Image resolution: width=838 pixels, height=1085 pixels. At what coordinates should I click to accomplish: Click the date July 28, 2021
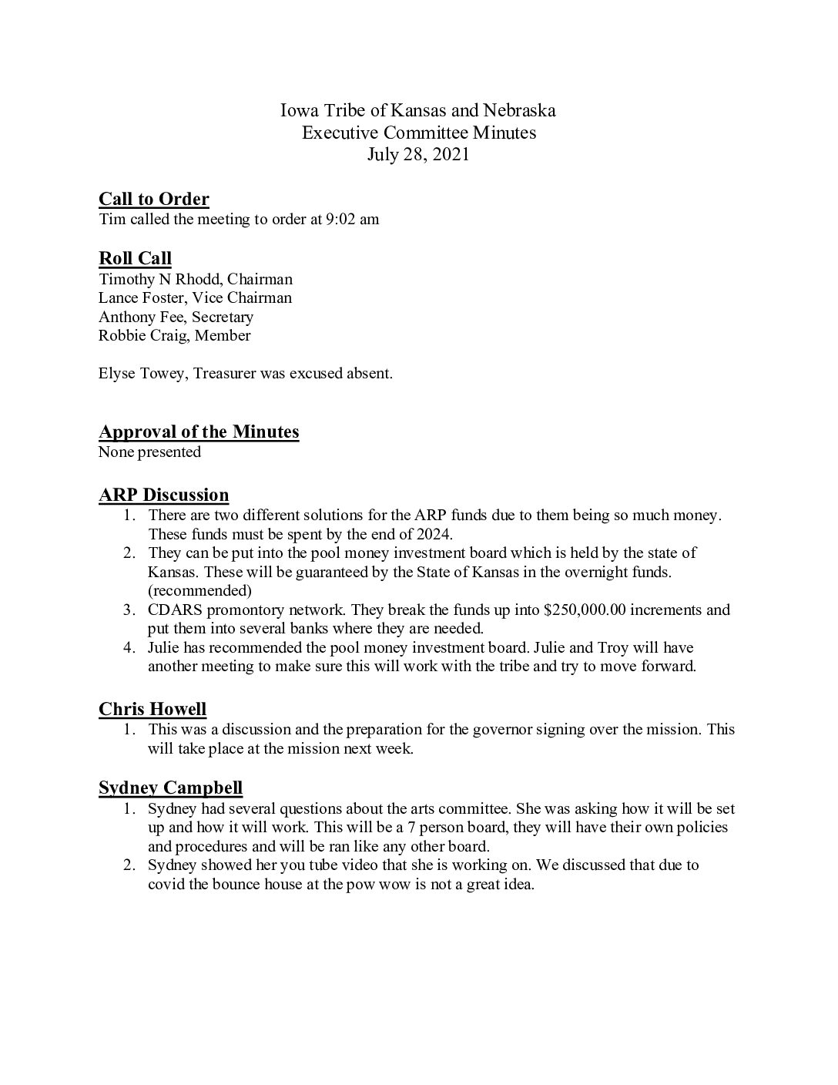(x=418, y=154)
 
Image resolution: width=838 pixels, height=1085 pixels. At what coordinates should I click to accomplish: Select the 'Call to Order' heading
(x=154, y=199)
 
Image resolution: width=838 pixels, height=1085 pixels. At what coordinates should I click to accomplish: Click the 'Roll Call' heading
(x=135, y=258)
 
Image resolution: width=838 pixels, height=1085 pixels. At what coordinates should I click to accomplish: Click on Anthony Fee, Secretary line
(x=176, y=317)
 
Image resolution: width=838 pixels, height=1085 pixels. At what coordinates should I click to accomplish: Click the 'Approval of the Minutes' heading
(x=199, y=432)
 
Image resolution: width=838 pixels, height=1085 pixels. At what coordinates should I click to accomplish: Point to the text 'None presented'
(x=149, y=452)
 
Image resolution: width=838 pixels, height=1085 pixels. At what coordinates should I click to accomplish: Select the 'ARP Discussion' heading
(x=164, y=495)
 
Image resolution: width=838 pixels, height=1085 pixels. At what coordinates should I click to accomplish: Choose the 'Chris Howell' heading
(x=153, y=709)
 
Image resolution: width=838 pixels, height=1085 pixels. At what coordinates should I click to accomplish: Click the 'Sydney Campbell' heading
(x=171, y=788)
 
